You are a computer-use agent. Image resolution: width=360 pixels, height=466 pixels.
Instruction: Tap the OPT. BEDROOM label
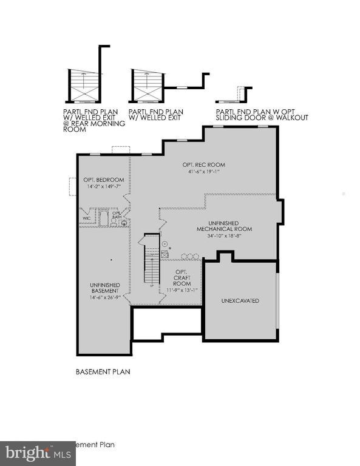[x=104, y=180]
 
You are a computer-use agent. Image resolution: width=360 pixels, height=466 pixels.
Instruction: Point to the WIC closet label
[x=86, y=218]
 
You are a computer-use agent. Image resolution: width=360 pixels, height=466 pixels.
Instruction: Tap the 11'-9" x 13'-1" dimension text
[x=182, y=290]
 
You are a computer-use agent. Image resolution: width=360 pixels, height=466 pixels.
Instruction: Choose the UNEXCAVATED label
[x=240, y=300]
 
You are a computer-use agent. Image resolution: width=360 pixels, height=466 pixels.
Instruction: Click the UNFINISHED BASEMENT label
[x=104, y=288]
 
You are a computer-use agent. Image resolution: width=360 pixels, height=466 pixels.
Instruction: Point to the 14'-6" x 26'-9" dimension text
[x=104, y=297]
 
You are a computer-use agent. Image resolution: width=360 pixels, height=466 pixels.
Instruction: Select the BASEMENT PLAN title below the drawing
[x=103, y=371]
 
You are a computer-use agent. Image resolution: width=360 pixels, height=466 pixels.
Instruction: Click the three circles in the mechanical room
[x=188, y=255]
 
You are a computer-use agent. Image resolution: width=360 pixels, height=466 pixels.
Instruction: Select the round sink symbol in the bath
[x=124, y=223]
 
